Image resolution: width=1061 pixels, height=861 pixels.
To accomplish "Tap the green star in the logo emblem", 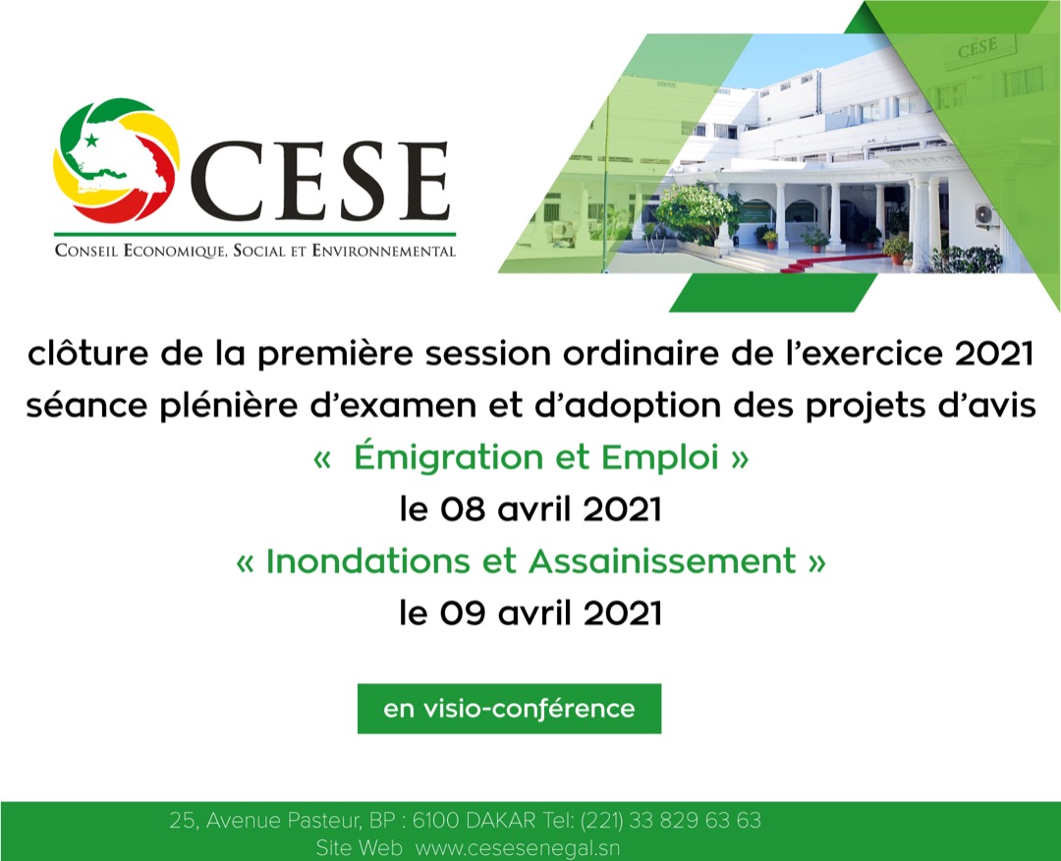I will [92, 141].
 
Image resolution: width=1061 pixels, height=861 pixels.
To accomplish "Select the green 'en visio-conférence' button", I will [509, 709].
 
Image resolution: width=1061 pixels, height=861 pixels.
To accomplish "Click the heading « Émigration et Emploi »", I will [530, 458].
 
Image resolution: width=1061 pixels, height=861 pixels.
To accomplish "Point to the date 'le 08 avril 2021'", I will [530, 510].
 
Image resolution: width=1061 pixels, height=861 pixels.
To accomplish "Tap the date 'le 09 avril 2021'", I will [530, 613].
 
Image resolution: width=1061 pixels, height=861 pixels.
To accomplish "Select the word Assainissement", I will [661, 561].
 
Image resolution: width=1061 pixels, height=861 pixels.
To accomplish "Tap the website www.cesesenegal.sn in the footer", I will [518, 847].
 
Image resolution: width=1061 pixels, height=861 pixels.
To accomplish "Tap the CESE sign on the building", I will [977, 46].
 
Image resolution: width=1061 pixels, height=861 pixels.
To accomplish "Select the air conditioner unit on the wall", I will [984, 214].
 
